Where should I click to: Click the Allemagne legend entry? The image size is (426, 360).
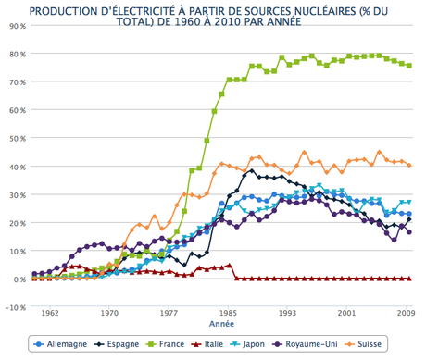(62, 344)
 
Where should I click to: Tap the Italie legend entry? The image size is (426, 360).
(213, 344)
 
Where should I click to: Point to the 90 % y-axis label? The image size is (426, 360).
(17, 26)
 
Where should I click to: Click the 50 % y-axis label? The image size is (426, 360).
(17, 139)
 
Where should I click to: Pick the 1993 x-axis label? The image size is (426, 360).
(288, 314)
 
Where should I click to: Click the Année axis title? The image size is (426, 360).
(221, 326)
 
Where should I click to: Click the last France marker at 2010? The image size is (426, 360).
(409, 66)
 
